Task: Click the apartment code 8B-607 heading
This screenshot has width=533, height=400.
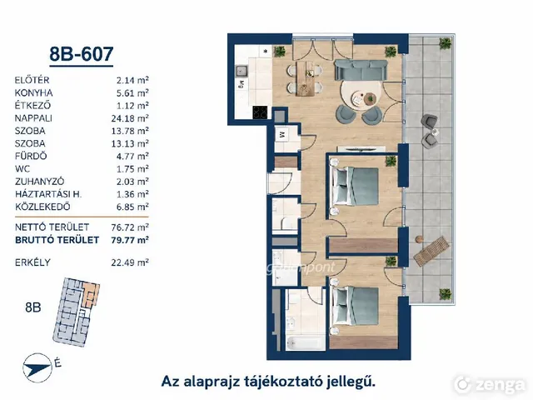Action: (x=82, y=54)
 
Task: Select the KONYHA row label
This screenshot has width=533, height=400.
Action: (x=33, y=92)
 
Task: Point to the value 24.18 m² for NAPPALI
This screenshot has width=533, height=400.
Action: (x=130, y=118)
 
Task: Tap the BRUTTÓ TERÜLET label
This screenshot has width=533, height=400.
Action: (x=57, y=240)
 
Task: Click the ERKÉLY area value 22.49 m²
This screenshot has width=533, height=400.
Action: (x=130, y=262)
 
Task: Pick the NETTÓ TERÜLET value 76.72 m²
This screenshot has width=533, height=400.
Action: (x=130, y=227)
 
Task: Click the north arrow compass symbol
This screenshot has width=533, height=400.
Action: (x=37, y=368)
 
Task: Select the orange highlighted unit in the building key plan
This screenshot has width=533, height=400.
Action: (x=91, y=294)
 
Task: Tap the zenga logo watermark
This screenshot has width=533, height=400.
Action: (x=490, y=384)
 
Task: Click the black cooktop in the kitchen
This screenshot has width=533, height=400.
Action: (x=260, y=112)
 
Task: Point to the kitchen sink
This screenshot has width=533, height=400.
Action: (x=242, y=71)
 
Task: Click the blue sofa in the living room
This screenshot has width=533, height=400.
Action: (x=361, y=70)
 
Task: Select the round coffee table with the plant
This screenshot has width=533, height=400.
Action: (x=370, y=99)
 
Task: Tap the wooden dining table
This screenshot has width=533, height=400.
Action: (x=306, y=78)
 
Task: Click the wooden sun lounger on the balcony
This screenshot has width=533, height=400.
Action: (x=431, y=251)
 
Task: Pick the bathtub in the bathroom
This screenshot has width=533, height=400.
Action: (x=306, y=342)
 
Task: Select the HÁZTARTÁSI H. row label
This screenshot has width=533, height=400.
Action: (x=48, y=194)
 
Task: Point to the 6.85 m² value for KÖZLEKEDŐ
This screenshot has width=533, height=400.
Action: (x=132, y=207)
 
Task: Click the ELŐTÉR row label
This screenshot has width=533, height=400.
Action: (x=32, y=80)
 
